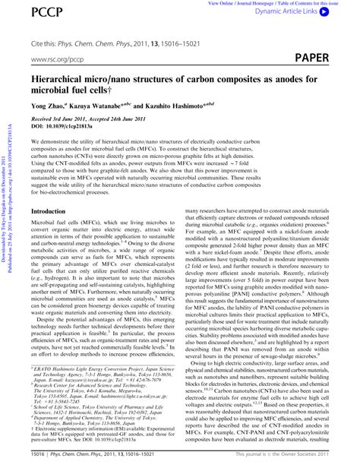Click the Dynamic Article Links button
coord(300,13)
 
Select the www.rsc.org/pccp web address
coord(58,58)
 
